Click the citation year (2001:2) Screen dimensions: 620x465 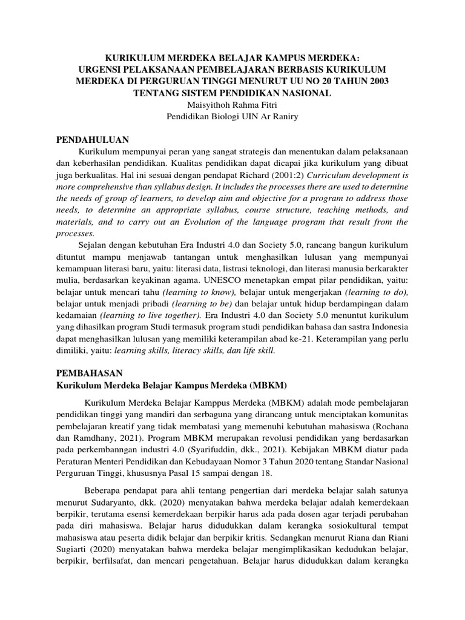[x=292, y=175]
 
